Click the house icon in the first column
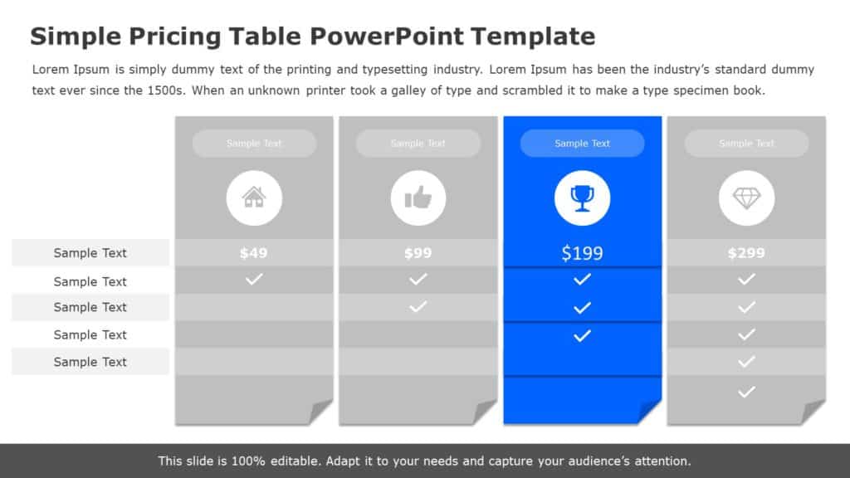(254, 198)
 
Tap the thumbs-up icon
(418, 198)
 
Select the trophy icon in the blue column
(582, 198)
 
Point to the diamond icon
(746, 198)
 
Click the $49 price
(254, 253)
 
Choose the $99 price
(418, 253)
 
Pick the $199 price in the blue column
(582, 253)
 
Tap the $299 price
(746, 253)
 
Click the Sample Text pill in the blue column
(582, 144)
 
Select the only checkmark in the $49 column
(254, 280)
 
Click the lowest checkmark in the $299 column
(746, 391)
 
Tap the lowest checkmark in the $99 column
(418, 307)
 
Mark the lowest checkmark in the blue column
(582, 335)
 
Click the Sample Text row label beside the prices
(90, 253)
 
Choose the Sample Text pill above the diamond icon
(746, 144)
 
